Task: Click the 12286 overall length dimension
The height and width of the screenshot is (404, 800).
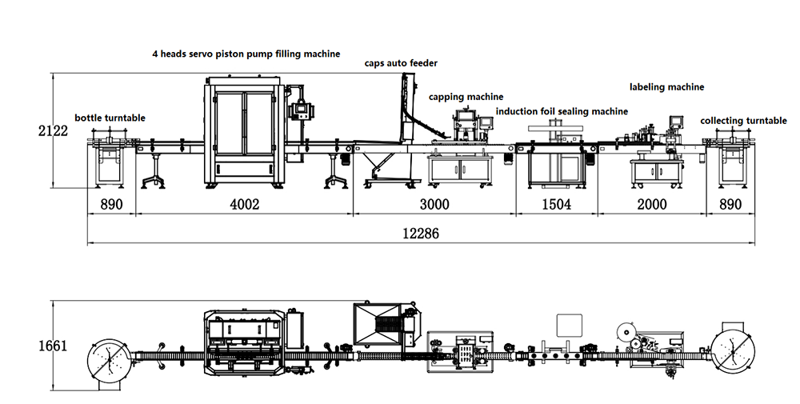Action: [421, 234]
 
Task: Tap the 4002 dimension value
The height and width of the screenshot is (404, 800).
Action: [244, 205]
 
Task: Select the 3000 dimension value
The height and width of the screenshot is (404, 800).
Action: [434, 205]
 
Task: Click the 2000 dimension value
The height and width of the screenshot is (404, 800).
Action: [651, 205]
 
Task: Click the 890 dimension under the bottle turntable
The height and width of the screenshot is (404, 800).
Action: [111, 205]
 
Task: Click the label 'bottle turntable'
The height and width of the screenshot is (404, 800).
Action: [110, 118]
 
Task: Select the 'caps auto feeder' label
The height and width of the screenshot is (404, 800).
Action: [402, 62]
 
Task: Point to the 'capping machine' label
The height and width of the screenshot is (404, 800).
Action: [466, 97]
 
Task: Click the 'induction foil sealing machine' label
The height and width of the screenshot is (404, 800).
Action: [562, 111]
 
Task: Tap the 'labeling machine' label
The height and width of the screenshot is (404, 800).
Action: [666, 86]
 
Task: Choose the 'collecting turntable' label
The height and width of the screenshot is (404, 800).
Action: [743, 121]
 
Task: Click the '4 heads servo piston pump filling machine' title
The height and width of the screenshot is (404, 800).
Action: [246, 54]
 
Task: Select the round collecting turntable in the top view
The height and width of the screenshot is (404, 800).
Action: [730, 350]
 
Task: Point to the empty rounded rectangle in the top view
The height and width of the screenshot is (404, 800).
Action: [570, 324]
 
